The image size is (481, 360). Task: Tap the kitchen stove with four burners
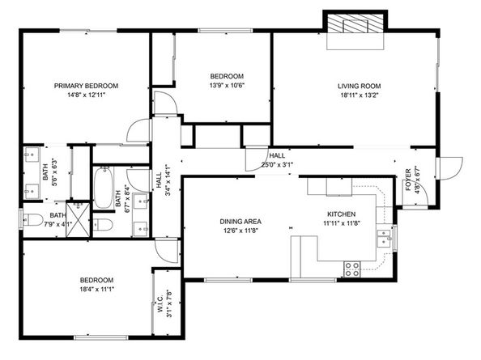(x=352, y=267)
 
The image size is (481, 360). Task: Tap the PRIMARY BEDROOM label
(x=86, y=86)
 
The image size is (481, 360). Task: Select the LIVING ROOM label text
(x=359, y=86)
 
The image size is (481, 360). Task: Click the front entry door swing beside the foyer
(x=448, y=167)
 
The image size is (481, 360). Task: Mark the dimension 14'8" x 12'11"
(x=86, y=95)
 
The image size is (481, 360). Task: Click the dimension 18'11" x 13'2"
(x=359, y=95)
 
